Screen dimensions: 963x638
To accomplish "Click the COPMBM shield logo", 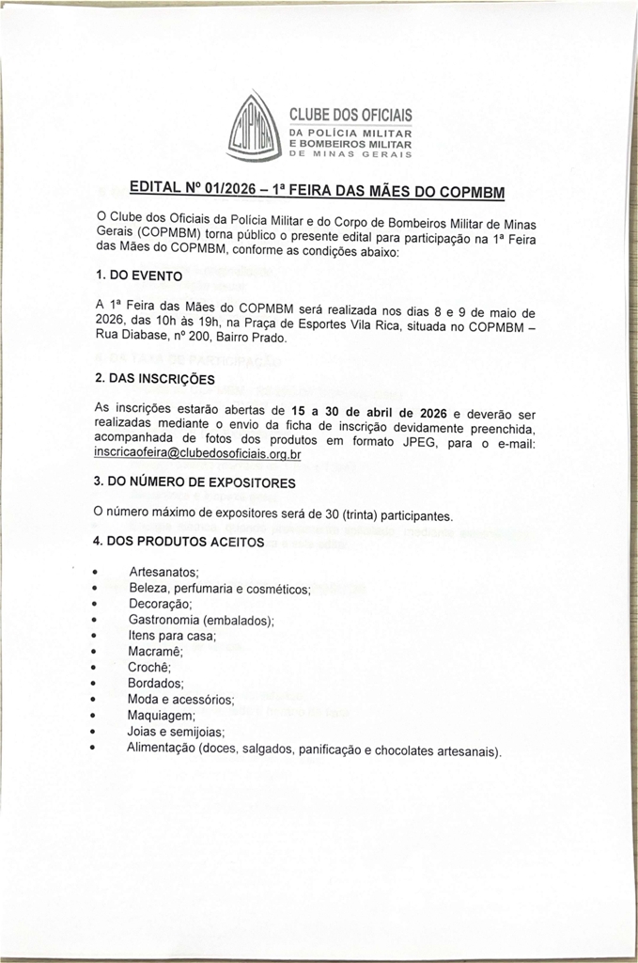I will click(x=254, y=129).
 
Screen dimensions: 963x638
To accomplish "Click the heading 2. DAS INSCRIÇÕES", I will click(x=154, y=378).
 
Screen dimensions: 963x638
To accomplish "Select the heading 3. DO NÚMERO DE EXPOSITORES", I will click(x=195, y=482).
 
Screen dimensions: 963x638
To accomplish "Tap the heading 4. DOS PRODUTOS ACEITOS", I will click(x=179, y=543).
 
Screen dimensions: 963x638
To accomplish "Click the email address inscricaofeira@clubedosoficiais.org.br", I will click(x=197, y=453).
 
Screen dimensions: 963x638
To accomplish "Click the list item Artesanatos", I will click(x=163, y=572).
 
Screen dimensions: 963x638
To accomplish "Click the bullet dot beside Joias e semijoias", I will click(x=93, y=731).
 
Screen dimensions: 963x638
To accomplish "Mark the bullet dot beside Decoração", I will click(x=94, y=604).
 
